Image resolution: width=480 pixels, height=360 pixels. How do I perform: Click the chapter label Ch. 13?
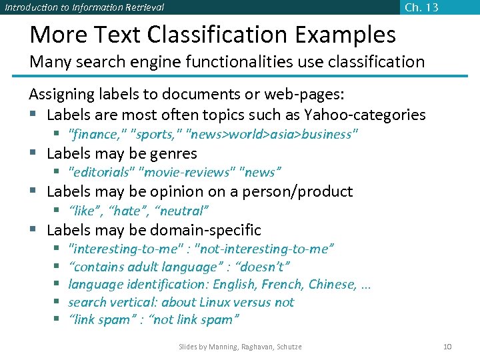421,7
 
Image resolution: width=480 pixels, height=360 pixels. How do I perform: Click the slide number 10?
447,347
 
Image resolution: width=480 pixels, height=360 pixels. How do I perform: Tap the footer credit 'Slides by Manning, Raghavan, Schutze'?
240,347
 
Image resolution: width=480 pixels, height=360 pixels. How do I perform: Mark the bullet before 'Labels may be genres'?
33,154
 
